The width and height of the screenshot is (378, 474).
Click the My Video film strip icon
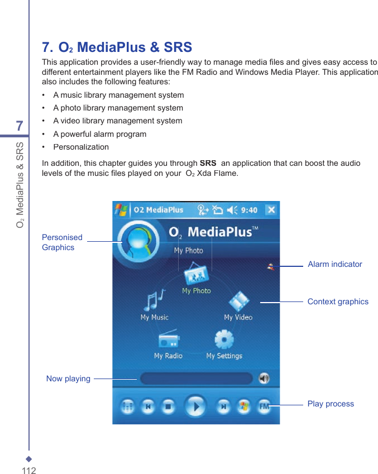coord(238,301)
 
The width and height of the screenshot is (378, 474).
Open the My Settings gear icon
coord(224,339)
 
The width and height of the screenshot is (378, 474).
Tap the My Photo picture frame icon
coord(196,275)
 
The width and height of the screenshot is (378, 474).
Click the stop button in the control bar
coord(168,407)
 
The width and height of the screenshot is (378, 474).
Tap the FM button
coord(264,407)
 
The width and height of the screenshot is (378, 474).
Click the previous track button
coord(148,407)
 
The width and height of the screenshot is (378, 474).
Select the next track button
coord(223,407)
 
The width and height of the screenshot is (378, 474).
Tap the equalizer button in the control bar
coord(127,407)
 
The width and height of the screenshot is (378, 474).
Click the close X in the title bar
coord(271,210)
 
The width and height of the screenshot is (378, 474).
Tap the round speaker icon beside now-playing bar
coord(264,379)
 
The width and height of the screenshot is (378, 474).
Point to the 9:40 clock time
coord(249,210)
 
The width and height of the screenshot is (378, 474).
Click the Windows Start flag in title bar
coord(121,210)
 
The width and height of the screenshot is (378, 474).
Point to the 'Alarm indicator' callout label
coord(334,264)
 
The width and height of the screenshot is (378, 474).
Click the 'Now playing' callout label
coord(68,379)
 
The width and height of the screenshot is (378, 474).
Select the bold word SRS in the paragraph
coord(208,163)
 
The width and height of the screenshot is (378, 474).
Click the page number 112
coord(29,470)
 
